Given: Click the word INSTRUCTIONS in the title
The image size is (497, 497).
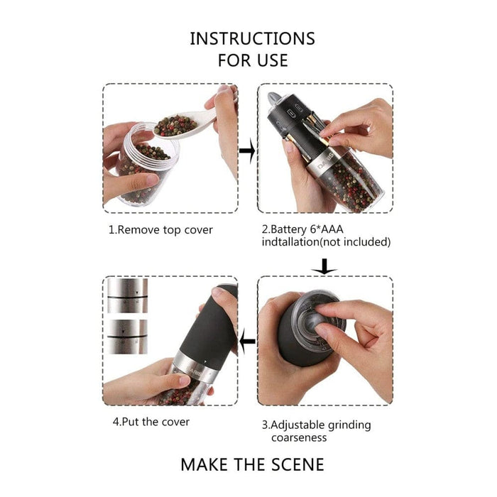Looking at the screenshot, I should [x=252, y=38].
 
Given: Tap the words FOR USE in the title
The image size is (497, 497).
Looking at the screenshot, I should [x=252, y=60].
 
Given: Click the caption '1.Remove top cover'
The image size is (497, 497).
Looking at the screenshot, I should [x=160, y=229].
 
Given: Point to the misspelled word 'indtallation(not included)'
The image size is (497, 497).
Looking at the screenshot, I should [x=326, y=242].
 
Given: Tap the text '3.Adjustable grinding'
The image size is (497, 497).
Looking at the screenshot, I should [x=316, y=425].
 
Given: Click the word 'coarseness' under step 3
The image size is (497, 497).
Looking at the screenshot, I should [x=299, y=438].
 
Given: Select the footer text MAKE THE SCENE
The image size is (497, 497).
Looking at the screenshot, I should [x=252, y=465].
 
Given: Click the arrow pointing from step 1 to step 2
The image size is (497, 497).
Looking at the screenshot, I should [x=247, y=151].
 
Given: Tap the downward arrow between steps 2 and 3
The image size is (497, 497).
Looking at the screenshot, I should [x=324, y=266].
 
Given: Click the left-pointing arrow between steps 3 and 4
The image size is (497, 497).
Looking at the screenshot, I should [x=247, y=342].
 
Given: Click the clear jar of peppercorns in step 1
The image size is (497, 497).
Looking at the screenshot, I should [x=142, y=167].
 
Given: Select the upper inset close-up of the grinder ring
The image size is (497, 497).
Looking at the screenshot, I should [x=127, y=295].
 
